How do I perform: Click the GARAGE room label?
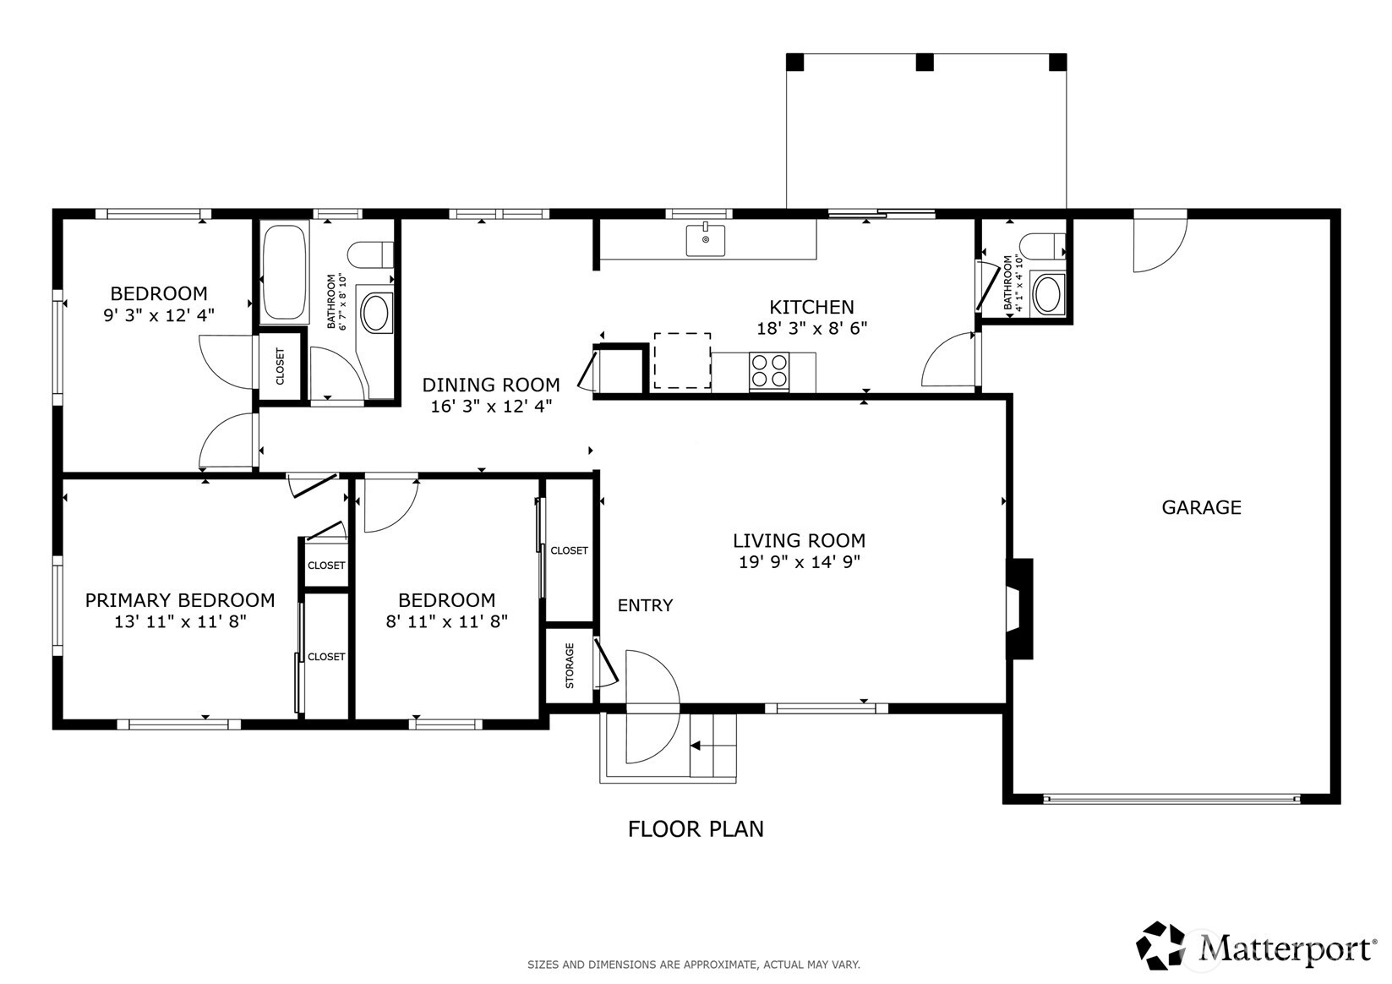[x=1200, y=507]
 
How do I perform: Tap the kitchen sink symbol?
[x=705, y=239]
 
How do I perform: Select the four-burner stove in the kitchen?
[x=769, y=372]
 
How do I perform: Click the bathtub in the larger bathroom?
[x=283, y=272]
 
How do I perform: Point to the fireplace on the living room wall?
[x=1020, y=609]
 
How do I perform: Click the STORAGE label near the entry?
[x=570, y=665]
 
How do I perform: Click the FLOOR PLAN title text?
[x=696, y=829]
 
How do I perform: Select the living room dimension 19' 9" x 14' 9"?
[x=799, y=562]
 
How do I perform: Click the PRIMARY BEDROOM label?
[x=180, y=600]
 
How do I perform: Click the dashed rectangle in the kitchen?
[x=682, y=361]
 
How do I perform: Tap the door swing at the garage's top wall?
[x=1159, y=245]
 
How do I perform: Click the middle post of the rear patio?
[x=925, y=62]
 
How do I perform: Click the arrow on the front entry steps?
[x=696, y=746]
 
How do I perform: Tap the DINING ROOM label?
[x=490, y=385]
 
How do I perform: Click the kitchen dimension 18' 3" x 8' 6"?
[x=811, y=329]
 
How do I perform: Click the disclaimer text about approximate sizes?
[x=693, y=965]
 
